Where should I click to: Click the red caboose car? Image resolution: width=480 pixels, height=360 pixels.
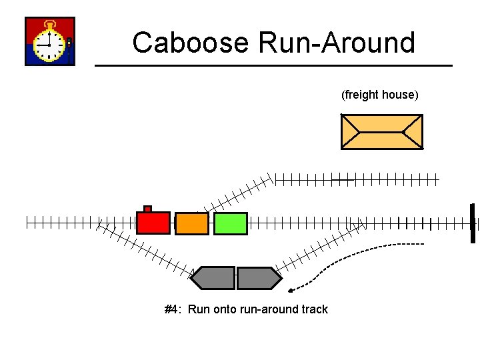(153, 223)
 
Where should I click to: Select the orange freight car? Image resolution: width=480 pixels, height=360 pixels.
(192, 223)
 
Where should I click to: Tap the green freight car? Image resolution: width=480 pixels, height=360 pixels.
(231, 223)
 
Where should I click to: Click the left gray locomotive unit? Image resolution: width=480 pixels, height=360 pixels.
(214, 278)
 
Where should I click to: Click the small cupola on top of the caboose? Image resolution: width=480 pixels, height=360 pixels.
(148, 209)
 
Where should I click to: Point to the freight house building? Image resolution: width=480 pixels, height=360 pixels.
(381, 131)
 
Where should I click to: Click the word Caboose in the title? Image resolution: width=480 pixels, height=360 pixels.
(190, 43)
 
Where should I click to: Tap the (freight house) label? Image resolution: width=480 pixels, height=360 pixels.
(380, 95)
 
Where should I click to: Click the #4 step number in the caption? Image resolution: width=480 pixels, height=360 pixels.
(173, 309)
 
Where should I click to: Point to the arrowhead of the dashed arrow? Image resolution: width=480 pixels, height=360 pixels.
(292, 290)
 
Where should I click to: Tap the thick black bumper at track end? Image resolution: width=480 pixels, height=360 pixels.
(472, 223)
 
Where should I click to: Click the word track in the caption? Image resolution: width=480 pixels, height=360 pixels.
(315, 309)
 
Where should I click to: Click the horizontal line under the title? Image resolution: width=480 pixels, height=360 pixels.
(273, 65)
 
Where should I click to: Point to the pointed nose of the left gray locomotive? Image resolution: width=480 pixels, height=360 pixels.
(195, 278)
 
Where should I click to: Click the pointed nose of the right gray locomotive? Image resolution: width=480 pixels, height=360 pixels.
(278, 278)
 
